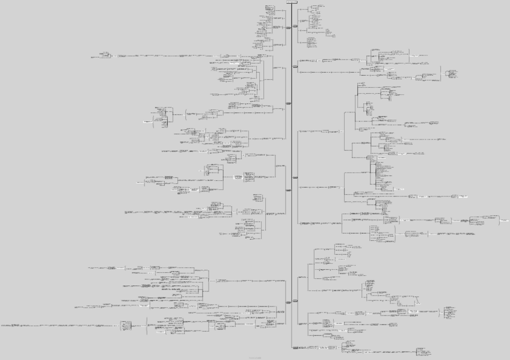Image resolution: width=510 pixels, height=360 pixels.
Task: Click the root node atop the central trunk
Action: tap(291, 2)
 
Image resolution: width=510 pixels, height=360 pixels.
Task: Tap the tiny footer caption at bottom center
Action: tap(255, 357)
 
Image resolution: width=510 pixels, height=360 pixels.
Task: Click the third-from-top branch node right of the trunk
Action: tap(295, 178)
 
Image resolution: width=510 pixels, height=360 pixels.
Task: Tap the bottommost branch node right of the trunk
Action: tap(295, 347)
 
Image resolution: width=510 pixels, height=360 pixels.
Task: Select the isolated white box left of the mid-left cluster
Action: tap(147, 122)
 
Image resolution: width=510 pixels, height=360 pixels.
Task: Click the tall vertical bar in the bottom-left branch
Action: tap(147, 328)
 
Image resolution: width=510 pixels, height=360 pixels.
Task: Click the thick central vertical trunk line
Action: tap(291, 180)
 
